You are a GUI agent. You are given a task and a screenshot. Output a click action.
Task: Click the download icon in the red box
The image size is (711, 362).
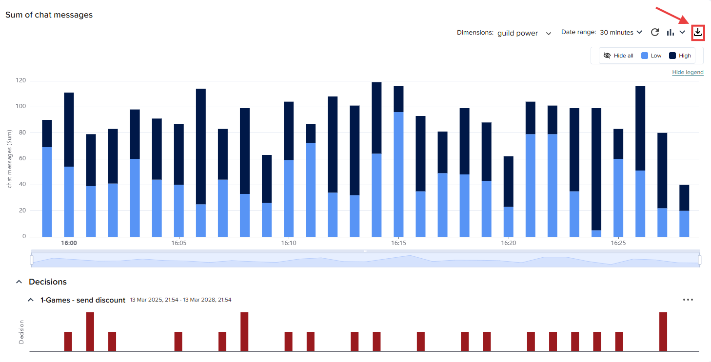[698, 33]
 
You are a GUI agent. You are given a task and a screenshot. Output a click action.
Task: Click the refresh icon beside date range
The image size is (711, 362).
[655, 32]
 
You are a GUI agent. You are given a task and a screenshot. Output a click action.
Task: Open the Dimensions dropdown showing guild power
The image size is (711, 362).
[524, 33]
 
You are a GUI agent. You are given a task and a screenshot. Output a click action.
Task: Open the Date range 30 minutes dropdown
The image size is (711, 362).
[620, 32]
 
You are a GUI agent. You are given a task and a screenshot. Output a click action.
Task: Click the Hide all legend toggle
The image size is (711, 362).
[618, 56]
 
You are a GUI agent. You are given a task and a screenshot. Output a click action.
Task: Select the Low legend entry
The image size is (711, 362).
[652, 56]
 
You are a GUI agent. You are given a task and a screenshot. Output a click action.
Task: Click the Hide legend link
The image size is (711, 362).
[688, 72]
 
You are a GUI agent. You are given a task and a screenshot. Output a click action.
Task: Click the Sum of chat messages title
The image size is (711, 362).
[49, 15]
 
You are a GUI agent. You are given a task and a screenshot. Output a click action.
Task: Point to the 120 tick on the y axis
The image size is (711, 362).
[20, 80]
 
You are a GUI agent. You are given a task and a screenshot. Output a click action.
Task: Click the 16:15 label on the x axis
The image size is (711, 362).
[398, 243]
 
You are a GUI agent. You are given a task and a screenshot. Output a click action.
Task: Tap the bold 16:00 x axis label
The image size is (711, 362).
[69, 243]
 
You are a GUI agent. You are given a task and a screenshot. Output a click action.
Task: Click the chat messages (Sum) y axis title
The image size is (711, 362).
[9, 158]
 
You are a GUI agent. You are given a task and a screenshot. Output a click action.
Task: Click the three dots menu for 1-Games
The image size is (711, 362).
[688, 300]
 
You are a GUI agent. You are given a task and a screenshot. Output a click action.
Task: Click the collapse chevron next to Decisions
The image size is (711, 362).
[19, 282]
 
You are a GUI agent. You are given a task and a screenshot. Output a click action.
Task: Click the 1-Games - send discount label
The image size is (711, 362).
[83, 300]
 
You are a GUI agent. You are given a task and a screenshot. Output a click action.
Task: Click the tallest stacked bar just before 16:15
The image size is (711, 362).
[376, 117]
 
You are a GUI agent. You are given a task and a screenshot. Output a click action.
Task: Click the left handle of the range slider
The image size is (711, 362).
[32, 260]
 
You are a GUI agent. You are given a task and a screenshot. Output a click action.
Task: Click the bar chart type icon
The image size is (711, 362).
[671, 32]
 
